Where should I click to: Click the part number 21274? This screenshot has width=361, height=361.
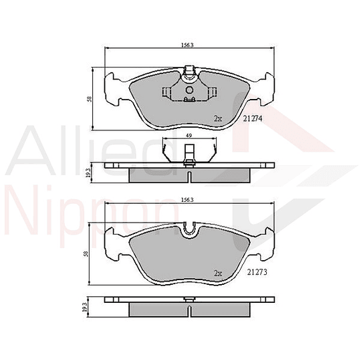point(253,118)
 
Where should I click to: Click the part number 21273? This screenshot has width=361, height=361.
point(257,272)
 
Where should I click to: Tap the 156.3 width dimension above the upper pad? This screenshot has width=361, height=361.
point(187,45)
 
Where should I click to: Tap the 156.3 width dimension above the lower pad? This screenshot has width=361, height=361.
point(187,200)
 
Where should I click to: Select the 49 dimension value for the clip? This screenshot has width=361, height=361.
point(189,136)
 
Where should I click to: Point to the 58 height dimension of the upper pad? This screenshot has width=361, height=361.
point(90,99)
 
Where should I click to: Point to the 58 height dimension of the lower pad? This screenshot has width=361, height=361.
point(87,254)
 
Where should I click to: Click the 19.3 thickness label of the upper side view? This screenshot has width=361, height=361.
point(88,173)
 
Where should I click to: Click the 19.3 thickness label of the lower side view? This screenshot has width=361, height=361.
point(85,308)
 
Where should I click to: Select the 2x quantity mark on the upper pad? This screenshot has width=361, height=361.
point(218,119)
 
